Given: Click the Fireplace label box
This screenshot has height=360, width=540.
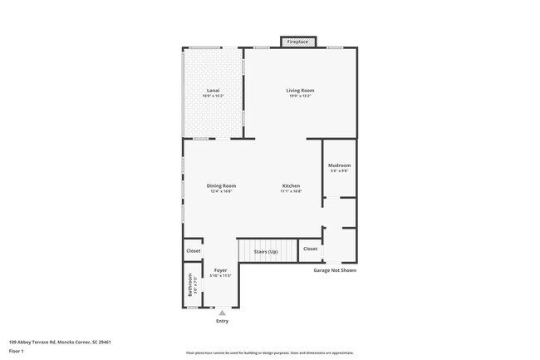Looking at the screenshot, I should click(x=297, y=42).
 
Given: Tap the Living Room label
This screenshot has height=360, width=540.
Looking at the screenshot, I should click(x=300, y=90).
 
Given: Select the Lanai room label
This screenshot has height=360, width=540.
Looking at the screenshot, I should click(x=213, y=90).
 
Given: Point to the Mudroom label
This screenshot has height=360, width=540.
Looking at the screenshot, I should click(x=339, y=165).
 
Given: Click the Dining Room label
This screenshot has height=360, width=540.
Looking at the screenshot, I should click(x=221, y=185).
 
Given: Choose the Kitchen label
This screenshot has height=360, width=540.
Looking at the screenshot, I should click(x=291, y=185).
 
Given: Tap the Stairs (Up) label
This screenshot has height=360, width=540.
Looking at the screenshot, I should click(x=266, y=251).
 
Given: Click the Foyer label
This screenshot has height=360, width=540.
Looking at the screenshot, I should click(x=220, y=270).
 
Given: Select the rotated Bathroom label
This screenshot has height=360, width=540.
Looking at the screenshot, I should click(x=190, y=286).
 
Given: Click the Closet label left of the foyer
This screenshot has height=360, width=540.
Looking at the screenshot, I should click(x=193, y=250).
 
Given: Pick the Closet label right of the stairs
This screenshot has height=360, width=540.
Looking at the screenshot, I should click(x=310, y=249).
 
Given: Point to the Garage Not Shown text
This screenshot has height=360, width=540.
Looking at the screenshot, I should click(x=335, y=270).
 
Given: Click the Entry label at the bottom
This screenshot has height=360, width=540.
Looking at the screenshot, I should click(x=222, y=321).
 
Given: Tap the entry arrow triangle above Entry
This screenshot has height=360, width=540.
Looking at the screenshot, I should click(x=222, y=313).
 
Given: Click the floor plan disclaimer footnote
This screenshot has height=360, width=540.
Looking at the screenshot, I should click(x=269, y=353).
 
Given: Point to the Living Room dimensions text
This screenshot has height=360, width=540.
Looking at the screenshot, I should click(x=300, y=96).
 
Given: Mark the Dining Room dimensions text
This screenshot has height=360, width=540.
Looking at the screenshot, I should click(x=221, y=191).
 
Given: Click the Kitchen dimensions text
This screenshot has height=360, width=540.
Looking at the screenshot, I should click(x=291, y=191).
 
